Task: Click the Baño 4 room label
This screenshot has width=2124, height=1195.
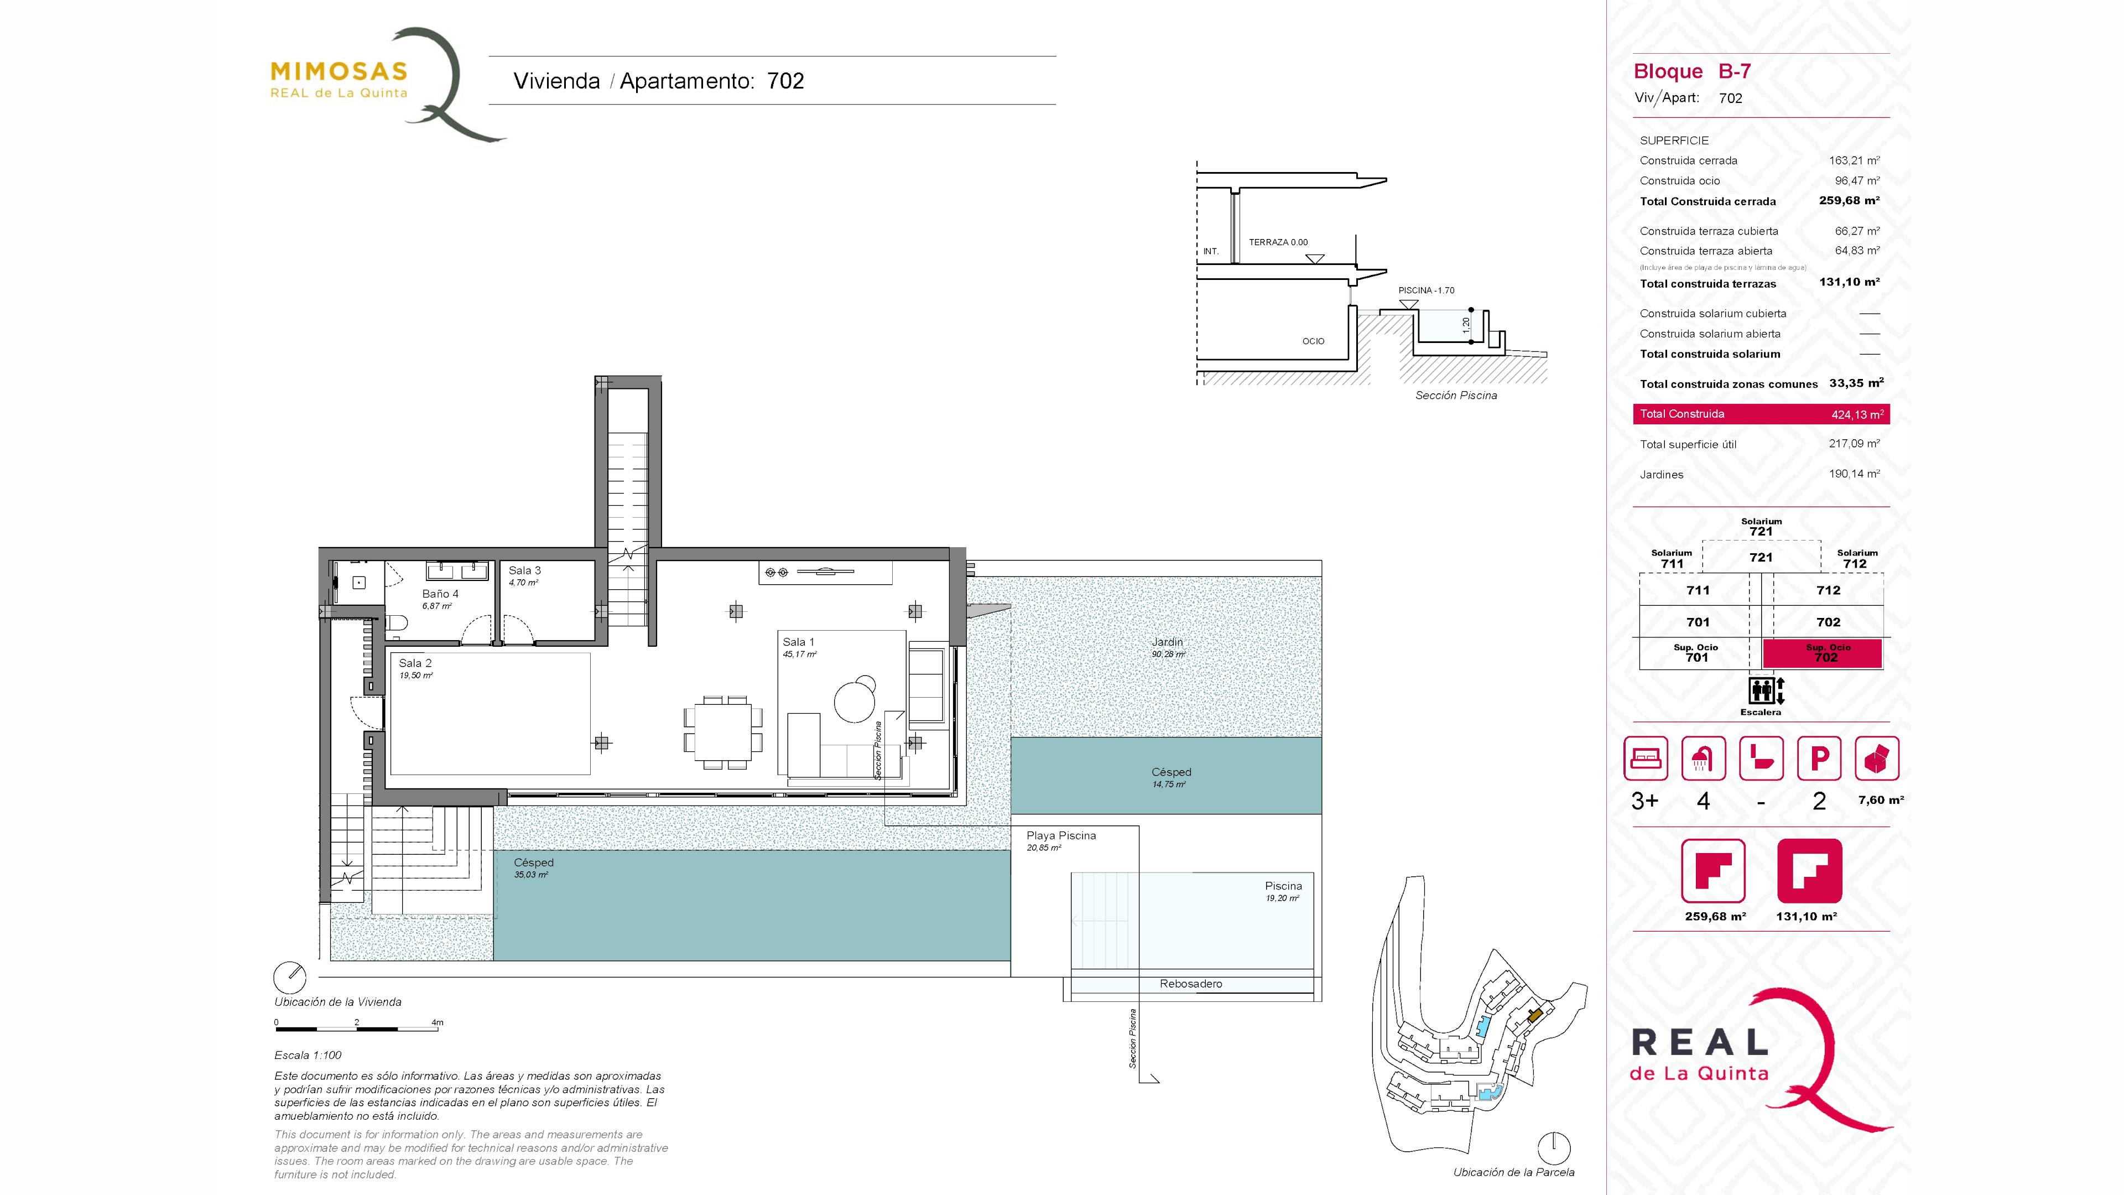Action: [x=440, y=594]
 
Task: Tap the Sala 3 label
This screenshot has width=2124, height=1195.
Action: [x=524, y=570]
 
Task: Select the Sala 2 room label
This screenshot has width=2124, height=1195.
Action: [x=415, y=663]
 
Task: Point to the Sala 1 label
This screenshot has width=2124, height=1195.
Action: [x=798, y=642]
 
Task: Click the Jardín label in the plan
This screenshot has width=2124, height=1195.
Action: [x=1168, y=642]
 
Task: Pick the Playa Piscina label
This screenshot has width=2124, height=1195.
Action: [x=1061, y=835]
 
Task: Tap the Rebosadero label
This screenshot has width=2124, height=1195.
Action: [x=1191, y=984]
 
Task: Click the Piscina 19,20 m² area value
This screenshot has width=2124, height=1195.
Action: [x=1282, y=898]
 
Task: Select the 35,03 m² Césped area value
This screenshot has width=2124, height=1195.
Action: [x=531, y=875]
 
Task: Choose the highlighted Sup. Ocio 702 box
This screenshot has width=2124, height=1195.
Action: [x=1822, y=653]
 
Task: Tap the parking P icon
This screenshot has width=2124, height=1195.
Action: [x=1819, y=758]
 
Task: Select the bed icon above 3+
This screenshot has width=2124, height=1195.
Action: [x=1645, y=758]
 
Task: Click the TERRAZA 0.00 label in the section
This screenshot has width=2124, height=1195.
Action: [x=1278, y=242]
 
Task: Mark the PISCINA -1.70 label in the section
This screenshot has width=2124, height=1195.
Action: [x=1427, y=290]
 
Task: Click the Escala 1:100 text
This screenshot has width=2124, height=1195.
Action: [x=308, y=1055]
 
